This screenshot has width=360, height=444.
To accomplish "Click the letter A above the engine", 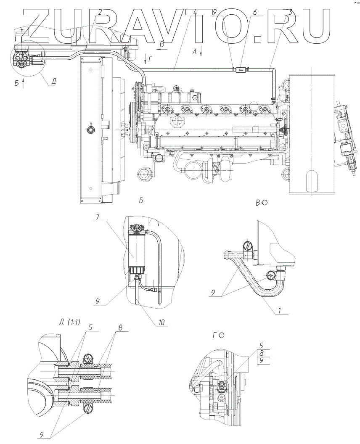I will tap(194, 51).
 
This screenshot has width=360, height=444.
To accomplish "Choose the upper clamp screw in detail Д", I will tap(89, 357).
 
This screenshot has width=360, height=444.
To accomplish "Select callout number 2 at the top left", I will tap(100, 11).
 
